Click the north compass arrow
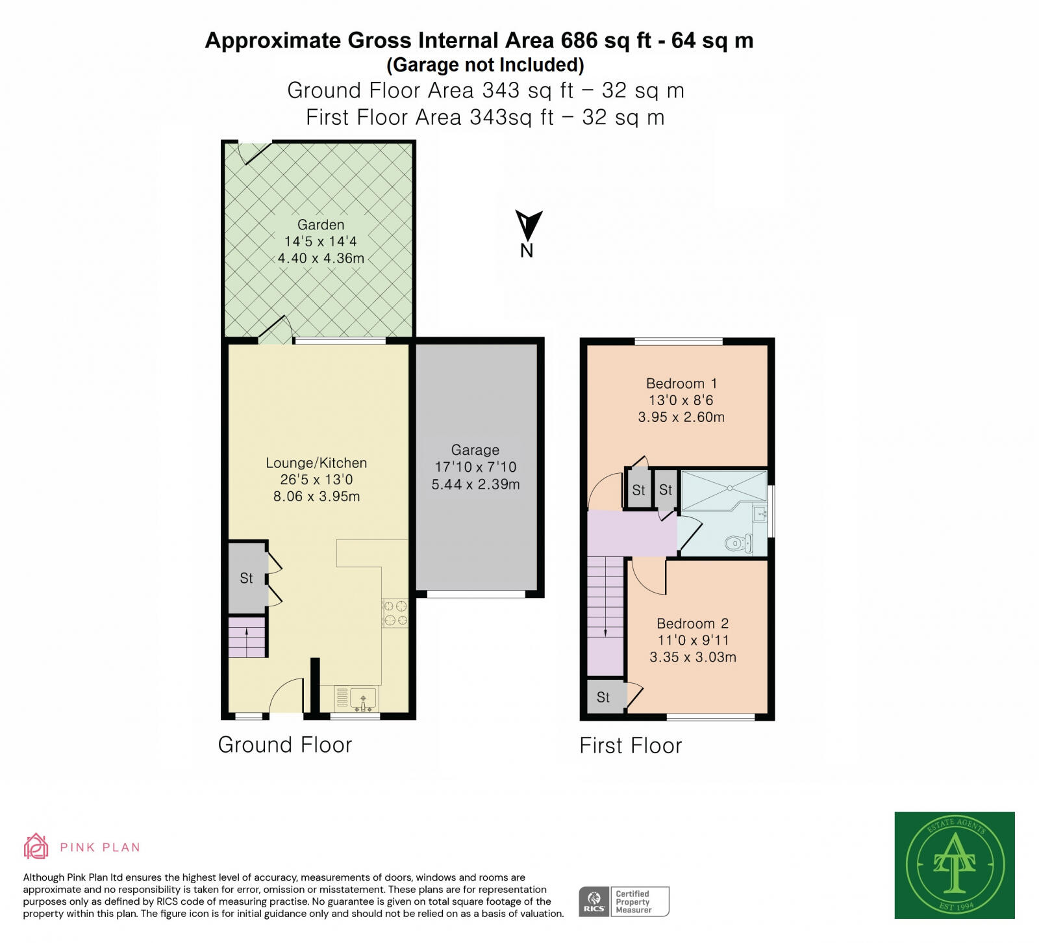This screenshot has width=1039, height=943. [528, 226]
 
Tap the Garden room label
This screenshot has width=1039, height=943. [321, 225]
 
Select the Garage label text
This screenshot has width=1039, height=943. [475, 450]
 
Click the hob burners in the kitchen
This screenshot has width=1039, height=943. [395, 613]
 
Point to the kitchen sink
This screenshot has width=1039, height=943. [363, 699]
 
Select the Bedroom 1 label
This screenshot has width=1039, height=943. [681, 383]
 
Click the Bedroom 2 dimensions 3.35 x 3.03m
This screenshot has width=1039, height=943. [693, 657]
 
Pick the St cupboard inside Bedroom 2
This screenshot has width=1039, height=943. [604, 697]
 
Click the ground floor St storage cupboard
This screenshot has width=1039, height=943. [247, 578]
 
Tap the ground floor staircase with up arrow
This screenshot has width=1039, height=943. [247, 637]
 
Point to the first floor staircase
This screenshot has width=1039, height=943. [605, 614]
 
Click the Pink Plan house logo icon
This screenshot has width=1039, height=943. [36, 846]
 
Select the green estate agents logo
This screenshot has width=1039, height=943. [954, 864]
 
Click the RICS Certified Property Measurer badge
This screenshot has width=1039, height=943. [623, 901]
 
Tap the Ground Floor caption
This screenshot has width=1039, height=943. [284, 745]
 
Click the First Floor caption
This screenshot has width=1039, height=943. [631, 745]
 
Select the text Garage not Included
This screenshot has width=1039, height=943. [485, 65]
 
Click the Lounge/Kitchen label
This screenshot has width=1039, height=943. [316, 463]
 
